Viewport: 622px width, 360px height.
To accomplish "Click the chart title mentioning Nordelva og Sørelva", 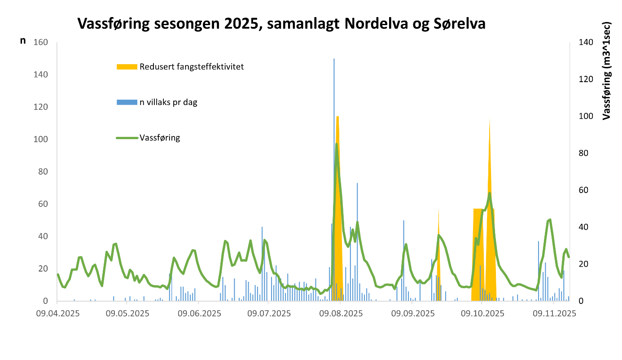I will point(281,23).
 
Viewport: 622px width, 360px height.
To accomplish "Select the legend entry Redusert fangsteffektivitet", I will point(192,67).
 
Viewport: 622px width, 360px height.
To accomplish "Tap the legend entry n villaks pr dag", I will point(168,102).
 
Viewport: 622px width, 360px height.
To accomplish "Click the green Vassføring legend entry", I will point(160,138).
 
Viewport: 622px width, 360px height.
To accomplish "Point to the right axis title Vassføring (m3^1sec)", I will point(606,70).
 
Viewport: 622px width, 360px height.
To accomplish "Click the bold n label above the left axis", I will point(23,41).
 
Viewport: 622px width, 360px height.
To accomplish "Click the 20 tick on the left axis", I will point(43,269).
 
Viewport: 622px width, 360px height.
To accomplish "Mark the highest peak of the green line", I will point(337,145).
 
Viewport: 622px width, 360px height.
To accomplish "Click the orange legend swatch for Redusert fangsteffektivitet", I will point(127,67).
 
